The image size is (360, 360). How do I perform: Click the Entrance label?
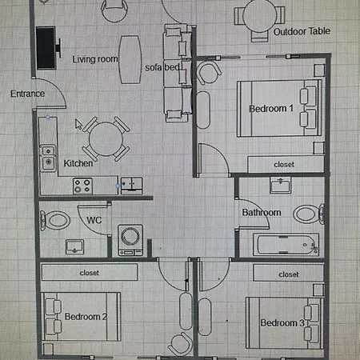[27, 94]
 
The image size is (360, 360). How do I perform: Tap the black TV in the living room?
[46, 48]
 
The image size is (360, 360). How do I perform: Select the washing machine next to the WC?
[130, 240]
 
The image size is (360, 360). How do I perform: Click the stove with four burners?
[82, 186]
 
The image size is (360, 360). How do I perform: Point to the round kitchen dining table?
[106, 139]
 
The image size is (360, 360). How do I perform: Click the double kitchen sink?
[48, 158]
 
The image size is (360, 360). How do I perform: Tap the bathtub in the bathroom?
[286, 245]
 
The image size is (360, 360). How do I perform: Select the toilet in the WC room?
[55, 221]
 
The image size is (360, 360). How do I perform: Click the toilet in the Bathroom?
[309, 214]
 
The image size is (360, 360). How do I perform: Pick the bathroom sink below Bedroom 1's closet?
[280, 185]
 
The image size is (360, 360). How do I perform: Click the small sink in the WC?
[75, 246]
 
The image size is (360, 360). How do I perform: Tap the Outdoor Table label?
[302, 31]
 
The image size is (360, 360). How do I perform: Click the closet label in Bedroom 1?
[284, 165]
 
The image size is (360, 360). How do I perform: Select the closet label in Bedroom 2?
[89, 273]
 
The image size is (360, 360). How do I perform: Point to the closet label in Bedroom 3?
[289, 274]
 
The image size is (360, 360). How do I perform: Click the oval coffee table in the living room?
[130, 60]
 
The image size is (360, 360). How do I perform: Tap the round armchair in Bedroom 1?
[209, 72]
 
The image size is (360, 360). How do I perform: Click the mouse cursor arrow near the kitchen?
[78, 124]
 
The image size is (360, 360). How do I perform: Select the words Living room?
[95, 59]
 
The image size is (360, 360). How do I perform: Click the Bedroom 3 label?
[282, 323]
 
